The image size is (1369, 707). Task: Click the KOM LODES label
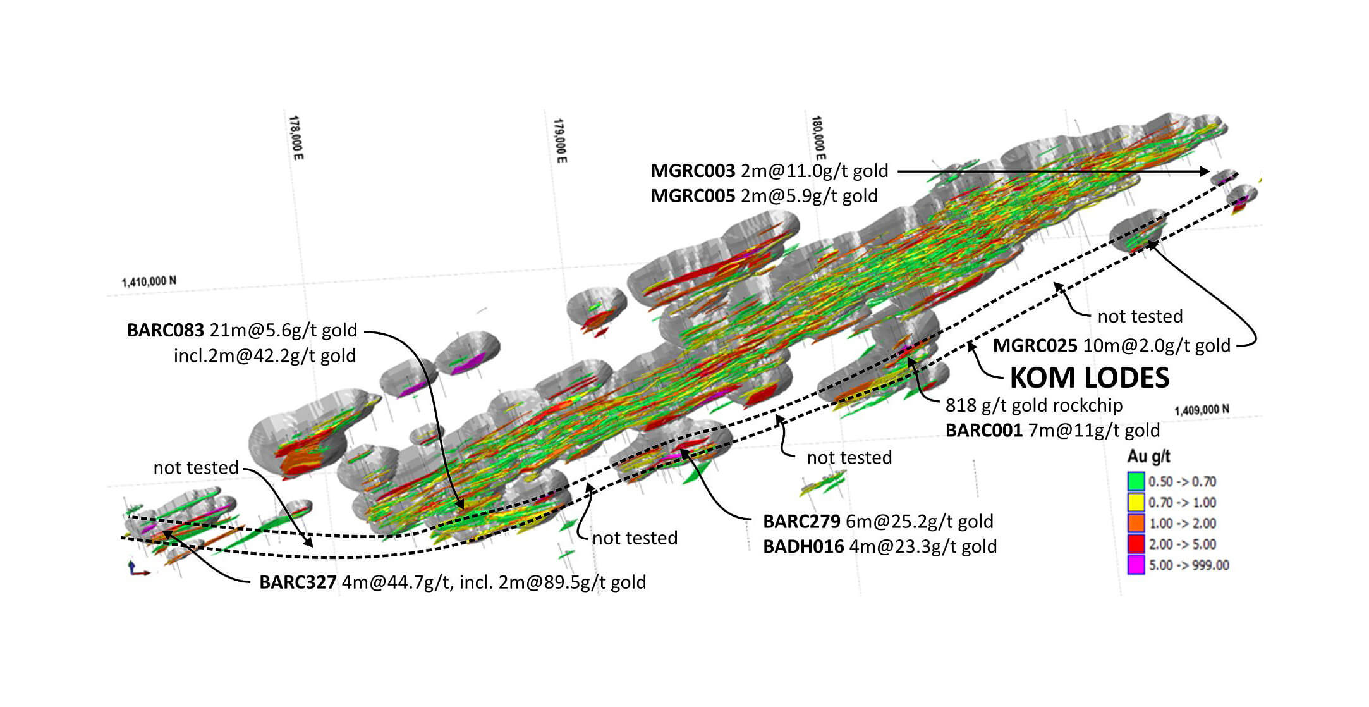[x=1089, y=378]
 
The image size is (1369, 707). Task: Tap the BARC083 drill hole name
[x=166, y=330]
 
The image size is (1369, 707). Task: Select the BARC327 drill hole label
[x=297, y=582]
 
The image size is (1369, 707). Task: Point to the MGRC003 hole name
[x=693, y=171]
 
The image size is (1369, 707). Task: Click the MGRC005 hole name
[x=693, y=196]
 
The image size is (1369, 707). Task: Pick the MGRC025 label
[x=1035, y=345]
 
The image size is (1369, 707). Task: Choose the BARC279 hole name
[x=801, y=521]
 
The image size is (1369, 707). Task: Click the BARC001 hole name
[x=983, y=430]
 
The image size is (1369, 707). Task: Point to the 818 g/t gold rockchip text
[x=1034, y=405]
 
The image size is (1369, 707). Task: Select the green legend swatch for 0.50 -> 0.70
[x=1136, y=481]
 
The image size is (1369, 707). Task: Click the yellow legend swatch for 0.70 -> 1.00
[x=1136, y=502]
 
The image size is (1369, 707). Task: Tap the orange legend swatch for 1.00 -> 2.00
[x=1136, y=523]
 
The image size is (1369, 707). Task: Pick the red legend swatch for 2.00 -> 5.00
[x=1136, y=544]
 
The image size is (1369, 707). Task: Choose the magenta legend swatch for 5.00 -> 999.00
[x=1136, y=565]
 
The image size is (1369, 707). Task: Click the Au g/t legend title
[x=1148, y=457]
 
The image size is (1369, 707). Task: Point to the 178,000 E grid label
[x=296, y=137]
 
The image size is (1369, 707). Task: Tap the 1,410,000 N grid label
[x=149, y=281]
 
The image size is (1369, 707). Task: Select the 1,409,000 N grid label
[x=1202, y=410]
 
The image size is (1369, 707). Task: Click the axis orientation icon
[x=138, y=569]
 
